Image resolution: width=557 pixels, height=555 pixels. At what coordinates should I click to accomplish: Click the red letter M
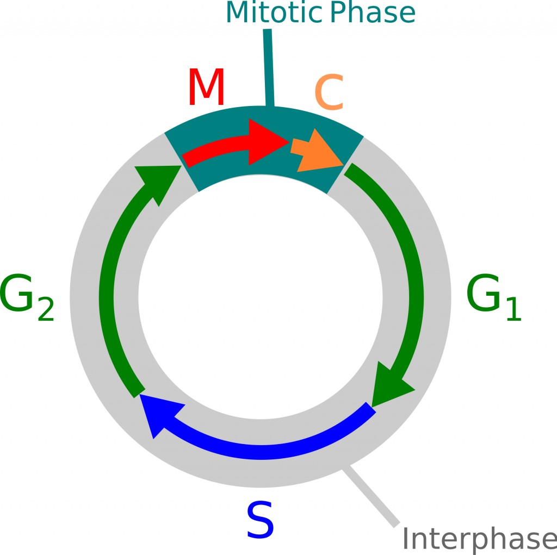click(206, 88)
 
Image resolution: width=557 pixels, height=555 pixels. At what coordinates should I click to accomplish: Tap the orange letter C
click(329, 93)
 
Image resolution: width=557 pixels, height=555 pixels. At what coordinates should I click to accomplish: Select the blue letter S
click(261, 521)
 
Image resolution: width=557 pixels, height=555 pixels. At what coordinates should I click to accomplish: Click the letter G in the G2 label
click(17, 295)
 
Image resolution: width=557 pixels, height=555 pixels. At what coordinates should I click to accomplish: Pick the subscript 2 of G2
click(46, 310)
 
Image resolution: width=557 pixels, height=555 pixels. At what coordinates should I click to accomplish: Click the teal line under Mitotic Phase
click(268, 65)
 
